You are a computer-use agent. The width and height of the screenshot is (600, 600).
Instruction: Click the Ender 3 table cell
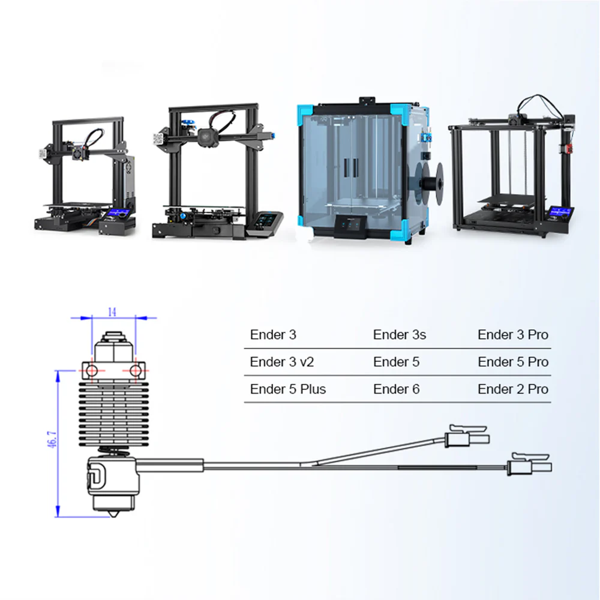273,335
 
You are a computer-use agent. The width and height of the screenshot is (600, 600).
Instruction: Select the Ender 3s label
400,335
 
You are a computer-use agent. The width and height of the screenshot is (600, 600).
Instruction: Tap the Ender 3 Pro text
513,335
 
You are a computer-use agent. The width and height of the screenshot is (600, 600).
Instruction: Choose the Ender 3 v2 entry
282,362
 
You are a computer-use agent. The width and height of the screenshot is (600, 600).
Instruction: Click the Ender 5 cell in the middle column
396,362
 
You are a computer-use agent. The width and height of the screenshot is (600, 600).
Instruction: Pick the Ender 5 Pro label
513,362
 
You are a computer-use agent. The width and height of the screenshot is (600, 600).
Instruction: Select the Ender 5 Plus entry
288,389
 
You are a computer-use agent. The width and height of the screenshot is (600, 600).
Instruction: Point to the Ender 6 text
396,389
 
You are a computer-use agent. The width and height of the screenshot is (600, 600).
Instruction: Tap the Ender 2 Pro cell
513,389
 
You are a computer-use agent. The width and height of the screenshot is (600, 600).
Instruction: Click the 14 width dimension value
112,311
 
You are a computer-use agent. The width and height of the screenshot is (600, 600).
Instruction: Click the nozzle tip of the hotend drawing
113,515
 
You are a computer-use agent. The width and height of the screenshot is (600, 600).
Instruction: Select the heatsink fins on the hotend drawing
112,414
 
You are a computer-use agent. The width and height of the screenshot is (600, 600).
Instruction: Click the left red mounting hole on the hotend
91,371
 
